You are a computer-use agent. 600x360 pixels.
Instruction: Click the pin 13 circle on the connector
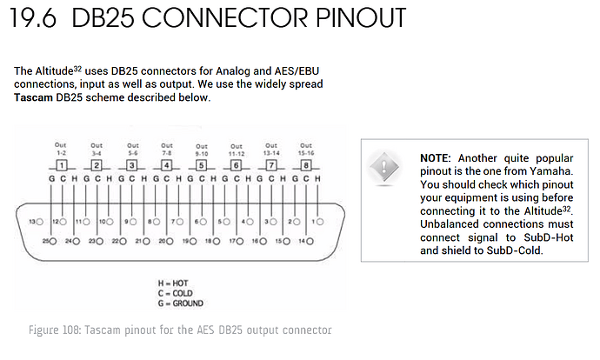(x=39, y=222)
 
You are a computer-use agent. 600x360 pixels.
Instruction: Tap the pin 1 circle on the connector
(x=320, y=222)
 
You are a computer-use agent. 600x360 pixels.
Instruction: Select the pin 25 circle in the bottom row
(x=53, y=242)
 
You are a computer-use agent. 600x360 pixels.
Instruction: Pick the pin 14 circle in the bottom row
(x=310, y=242)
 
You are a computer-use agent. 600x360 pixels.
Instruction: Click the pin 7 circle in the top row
(x=180, y=222)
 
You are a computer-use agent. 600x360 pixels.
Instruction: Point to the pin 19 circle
(x=193, y=242)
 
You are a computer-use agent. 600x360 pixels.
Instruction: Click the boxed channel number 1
(x=62, y=166)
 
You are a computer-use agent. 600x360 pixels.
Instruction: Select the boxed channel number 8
(x=306, y=166)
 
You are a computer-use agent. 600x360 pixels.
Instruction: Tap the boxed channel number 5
(x=201, y=166)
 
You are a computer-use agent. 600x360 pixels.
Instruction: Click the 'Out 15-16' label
(x=306, y=150)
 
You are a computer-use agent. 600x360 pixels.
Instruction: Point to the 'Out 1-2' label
(x=61, y=149)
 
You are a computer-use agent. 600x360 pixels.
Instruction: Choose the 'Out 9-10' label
(x=202, y=150)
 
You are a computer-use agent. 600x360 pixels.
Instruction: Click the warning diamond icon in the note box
(x=383, y=167)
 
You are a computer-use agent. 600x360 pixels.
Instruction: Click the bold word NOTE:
(x=436, y=158)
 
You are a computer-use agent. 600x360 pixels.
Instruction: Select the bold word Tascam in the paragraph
(x=33, y=97)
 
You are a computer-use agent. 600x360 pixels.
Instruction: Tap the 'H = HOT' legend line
(x=173, y=283)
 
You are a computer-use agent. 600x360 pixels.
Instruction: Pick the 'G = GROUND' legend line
(x=181, y=303)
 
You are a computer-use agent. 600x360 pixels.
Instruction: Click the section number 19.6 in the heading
(x=34, y=18)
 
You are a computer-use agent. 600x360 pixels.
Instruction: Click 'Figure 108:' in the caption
(x=55, y=330)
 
